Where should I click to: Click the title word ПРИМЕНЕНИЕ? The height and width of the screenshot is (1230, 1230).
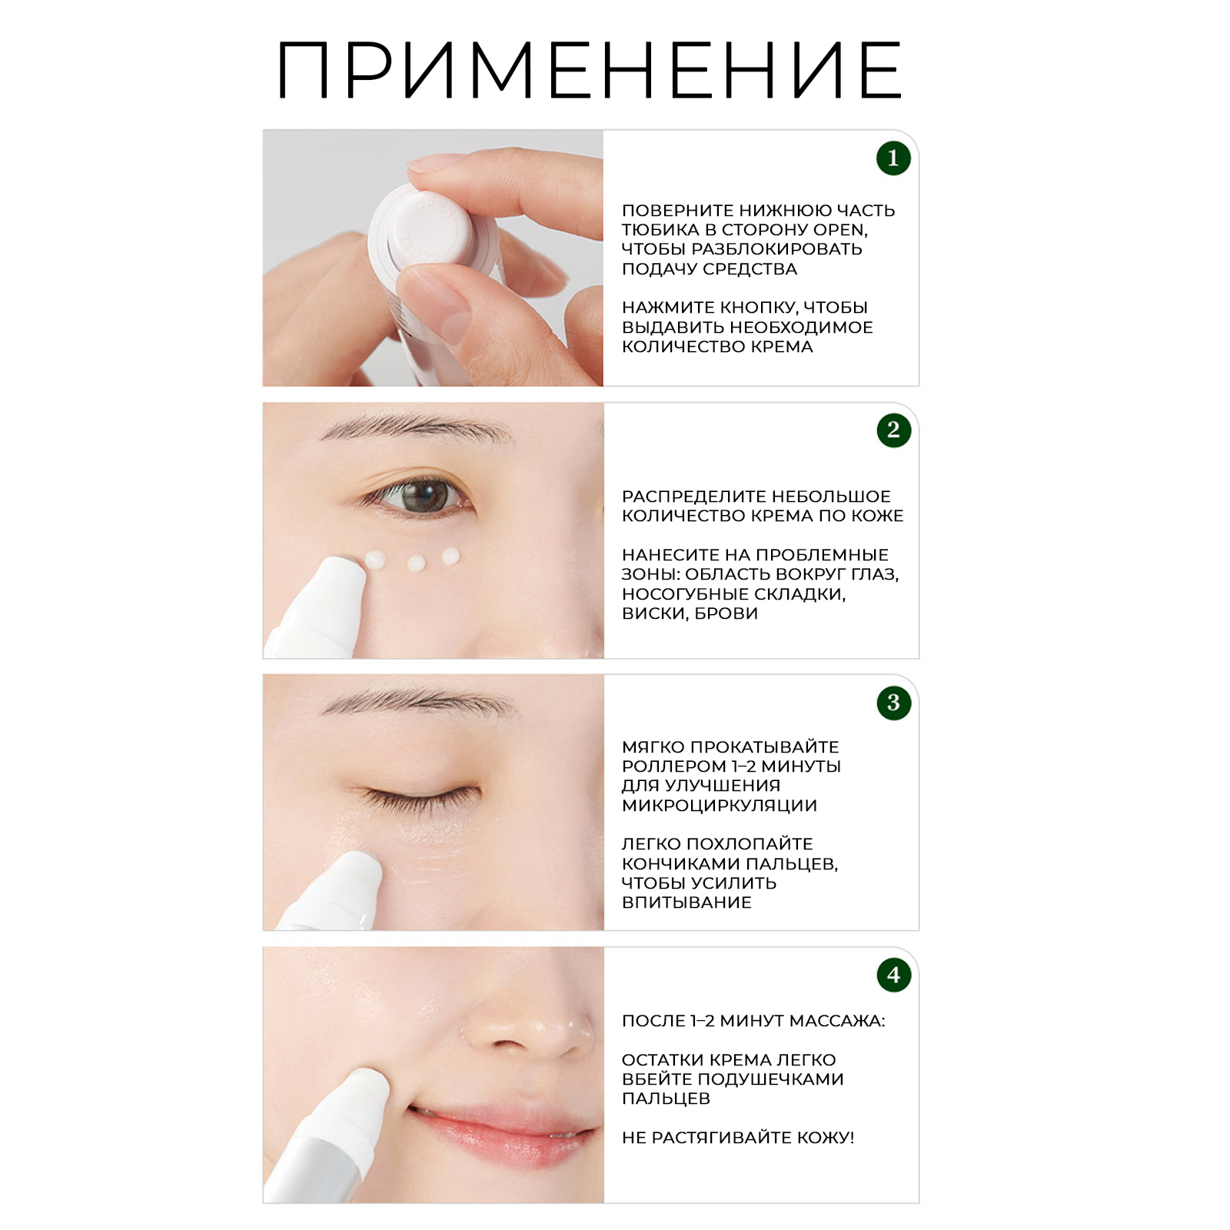[x=589, y=71]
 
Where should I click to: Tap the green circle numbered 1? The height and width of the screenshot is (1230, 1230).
[x=893, y=158]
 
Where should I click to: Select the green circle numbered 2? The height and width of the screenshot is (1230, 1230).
[x=893, y=430]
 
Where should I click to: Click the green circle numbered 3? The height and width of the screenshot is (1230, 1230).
[x=893, y=703]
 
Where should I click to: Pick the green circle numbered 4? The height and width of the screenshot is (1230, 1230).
[x=893, y=975]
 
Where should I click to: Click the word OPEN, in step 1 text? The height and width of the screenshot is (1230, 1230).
[x=840, y=230]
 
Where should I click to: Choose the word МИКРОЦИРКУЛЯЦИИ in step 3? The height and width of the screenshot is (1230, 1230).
[x=720, y=806]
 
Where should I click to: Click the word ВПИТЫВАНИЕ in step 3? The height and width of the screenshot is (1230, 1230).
[x=686, y=903]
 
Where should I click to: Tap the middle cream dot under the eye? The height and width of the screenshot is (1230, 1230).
[x=416, y=563]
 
